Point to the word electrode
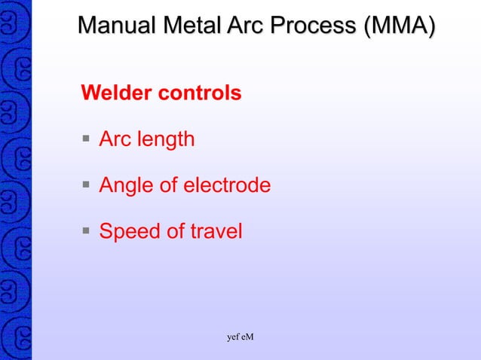click(x=228, y=185)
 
